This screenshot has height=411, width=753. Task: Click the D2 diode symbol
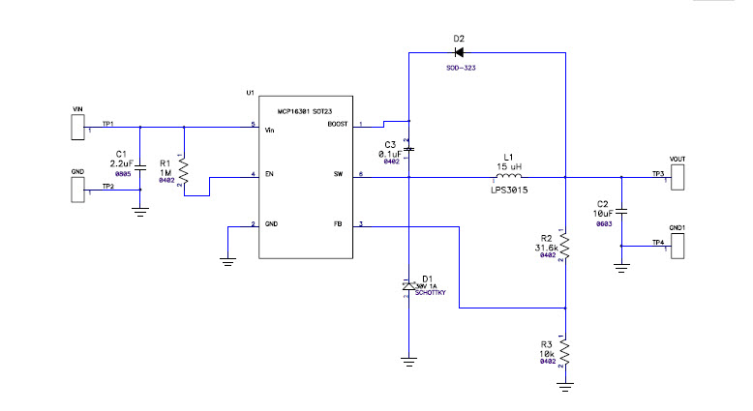tap(459, 52)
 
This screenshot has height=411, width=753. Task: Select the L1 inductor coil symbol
tap(509, 177)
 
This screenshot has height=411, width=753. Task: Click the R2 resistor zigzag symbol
tap(564, 246)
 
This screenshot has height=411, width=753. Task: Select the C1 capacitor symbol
tap(141, 161)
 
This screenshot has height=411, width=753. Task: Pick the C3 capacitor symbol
tap(408, 150)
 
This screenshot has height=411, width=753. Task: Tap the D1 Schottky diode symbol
tap(408, 285)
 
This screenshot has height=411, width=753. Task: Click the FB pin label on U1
tap(337, 224)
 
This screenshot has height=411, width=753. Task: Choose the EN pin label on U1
tap(270, 176)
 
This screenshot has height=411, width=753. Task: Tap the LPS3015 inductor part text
tap(509, 191)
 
